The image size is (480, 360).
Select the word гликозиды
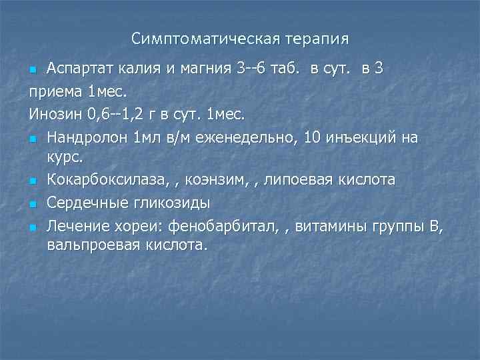pos(167,203)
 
